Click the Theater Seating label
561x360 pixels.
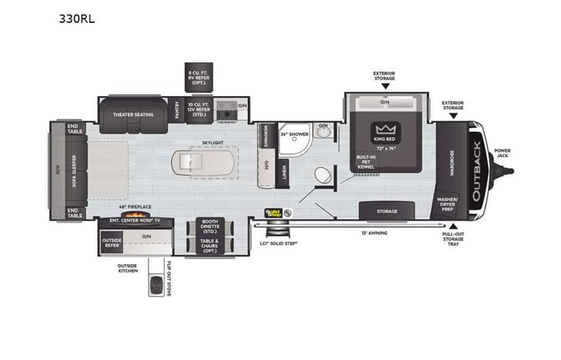tap(134, 114)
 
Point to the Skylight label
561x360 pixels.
tap(213, 143)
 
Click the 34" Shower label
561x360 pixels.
tap(294, 134)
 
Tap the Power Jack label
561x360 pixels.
tap(502, 153)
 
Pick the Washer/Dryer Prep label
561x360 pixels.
tap(447, 203)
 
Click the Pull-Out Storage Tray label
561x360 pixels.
tap(452, 239)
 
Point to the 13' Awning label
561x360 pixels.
tap(375, 232)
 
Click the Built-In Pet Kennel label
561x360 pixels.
tap(366, 163)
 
